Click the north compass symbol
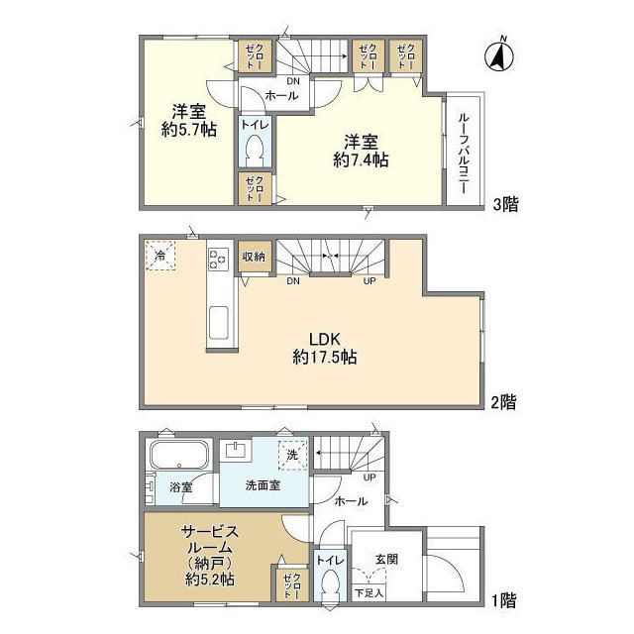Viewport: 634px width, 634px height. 499,54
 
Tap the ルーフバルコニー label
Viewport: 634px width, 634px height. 464,154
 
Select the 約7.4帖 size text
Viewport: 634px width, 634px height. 361,160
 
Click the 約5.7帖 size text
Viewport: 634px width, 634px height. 189,130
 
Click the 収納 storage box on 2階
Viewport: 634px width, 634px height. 254,257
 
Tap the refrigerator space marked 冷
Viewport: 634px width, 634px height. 160,256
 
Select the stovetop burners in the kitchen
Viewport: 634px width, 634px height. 218,259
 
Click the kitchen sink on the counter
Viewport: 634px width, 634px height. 219,322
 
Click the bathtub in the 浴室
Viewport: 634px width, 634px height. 179,455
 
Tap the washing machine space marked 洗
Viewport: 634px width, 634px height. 292,455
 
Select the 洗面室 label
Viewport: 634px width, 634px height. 263,485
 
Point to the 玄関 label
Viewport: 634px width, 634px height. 386,559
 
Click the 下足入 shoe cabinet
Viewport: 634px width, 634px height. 369,593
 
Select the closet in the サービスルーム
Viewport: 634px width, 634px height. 292,584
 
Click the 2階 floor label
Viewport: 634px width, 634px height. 504,402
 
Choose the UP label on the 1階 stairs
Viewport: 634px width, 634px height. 370,477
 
